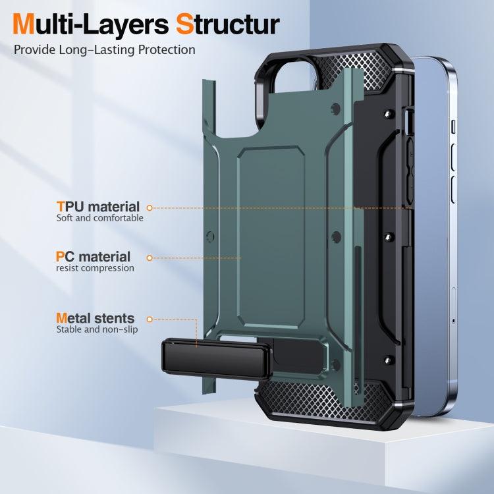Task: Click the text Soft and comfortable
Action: pyautogui.click(x=99, y=218)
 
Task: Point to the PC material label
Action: pyautogui.click(x=93, y=257)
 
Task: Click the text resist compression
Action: pyautogui.click(x=95, y=268)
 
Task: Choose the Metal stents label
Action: pyautogui.click(x=95, y=318)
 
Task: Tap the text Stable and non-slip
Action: pyautogui.click(x=97, y=329)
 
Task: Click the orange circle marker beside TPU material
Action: pyautogui.click(x=150, y=208)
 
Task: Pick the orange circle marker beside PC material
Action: pyautogui.click(x=150, y=258)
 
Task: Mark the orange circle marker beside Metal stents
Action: pyautogui.click(x=150, y=319)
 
